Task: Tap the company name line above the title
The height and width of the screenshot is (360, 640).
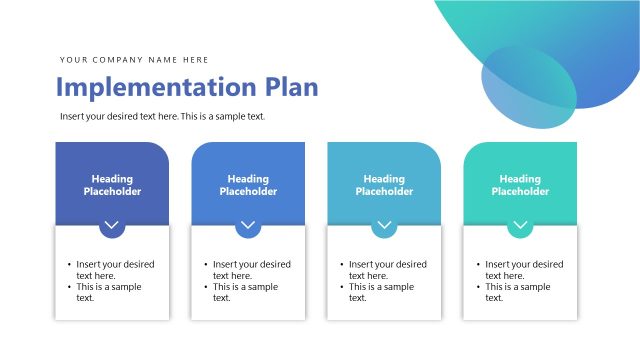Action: click(x=134, y=60)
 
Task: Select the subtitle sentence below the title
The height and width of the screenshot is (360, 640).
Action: click(x=162, y=117)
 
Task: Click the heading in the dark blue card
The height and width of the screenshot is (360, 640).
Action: click(x=112, y=185)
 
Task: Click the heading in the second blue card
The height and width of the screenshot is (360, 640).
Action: click(x=248, y=185)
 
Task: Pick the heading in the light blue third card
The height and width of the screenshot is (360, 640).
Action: click(x=384, y=185)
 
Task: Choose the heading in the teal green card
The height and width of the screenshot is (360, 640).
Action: click(x=520, y=185)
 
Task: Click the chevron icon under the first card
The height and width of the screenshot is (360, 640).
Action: click(x=112, y=226)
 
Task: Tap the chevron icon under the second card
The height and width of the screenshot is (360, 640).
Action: click(x=248, y=226)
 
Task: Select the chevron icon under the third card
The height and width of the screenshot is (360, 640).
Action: click(x=384, y=226)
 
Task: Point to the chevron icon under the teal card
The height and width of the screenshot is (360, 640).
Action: click(x=520, y=226)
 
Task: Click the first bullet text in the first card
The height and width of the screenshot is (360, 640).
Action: click(x=115, y=270)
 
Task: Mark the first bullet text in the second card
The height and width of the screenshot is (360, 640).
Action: click(x=251, y=270)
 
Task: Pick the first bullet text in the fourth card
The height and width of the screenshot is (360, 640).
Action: click(x=523, y=270)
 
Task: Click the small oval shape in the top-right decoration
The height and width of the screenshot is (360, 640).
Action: click(x=528, y=88)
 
